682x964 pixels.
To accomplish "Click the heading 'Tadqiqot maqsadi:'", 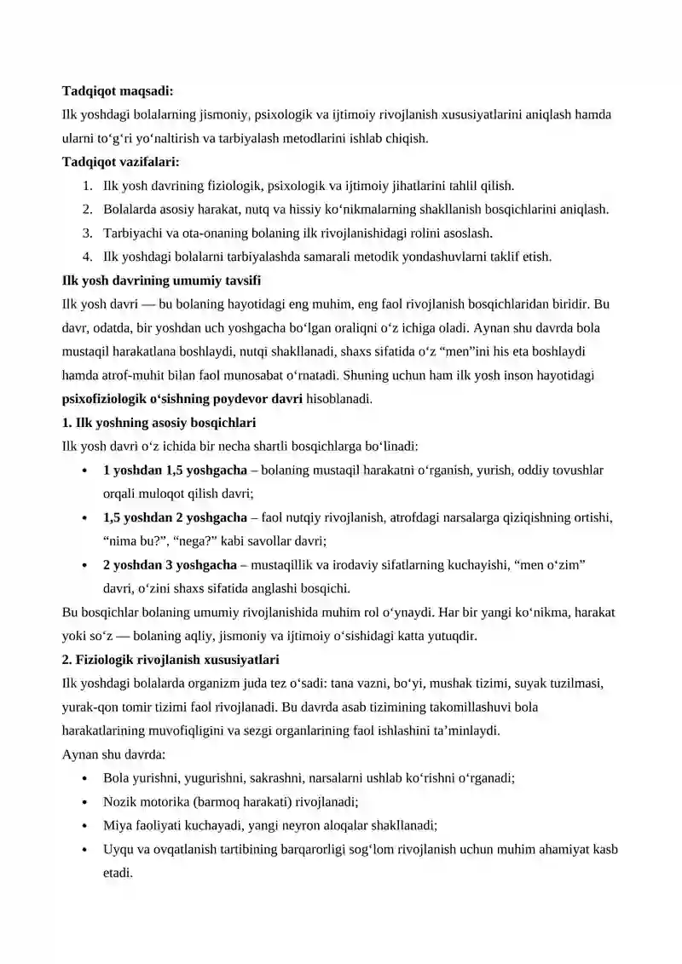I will pyautogui.click(x=118, y=90).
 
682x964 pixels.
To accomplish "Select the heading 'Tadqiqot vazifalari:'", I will pyautogui.click(x=121, y=162).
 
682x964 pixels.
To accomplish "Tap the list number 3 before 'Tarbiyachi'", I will pyautogui.click(x=87, y=233).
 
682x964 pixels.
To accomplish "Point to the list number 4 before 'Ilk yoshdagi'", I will pyautogui.click(x=87, y=257).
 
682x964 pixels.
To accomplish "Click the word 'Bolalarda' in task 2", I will pyautogui.click(x=129, y=209).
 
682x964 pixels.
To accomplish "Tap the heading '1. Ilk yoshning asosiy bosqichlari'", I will pyautogui.click(x=159, y=423).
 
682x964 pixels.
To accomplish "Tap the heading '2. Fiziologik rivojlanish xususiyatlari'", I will pyautogui.click(x=170, y=660).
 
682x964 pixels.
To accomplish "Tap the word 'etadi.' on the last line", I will pyautogui.click(x=118, y=873).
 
